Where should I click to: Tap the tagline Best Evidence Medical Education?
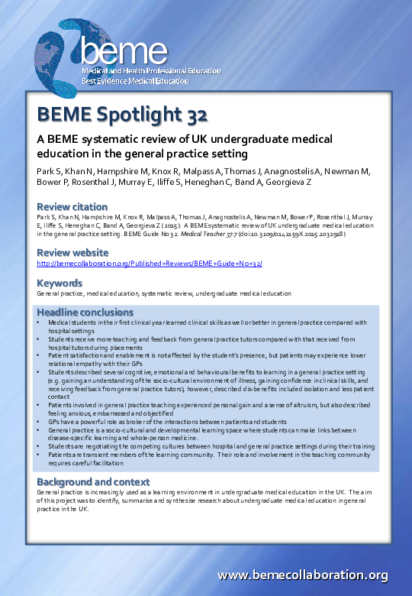click(135, 81)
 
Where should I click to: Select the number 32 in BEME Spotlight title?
click(195, 115)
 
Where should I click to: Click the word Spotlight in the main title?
click(136, 115)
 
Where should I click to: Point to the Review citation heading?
click(72, 206)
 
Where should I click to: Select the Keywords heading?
click(60, 282)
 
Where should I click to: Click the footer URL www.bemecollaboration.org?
click(303, 575)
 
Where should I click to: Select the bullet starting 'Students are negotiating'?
click(206, 446)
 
